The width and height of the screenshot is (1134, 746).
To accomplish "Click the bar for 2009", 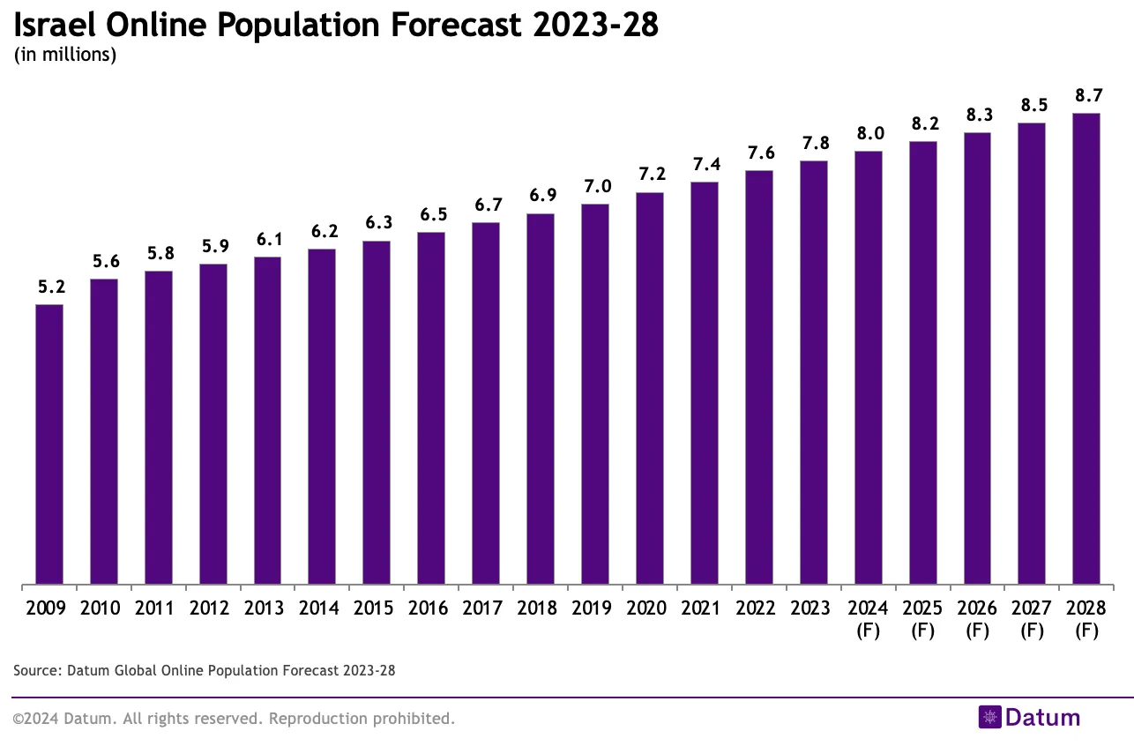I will coord(49,444).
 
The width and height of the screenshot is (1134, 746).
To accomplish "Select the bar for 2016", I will coord(431,408).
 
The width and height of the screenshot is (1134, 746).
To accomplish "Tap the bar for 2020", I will coord(650,388).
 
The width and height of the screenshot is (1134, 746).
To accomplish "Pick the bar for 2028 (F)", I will coord(1086,348).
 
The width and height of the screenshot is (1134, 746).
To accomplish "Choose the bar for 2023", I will coord(813,372).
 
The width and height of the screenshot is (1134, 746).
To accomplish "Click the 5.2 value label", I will coord(49,287).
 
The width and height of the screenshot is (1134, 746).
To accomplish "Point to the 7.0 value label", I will coord(595,186).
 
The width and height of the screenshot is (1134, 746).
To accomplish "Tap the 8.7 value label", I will coord(1086,95).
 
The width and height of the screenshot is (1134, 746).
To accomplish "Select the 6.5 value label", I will coord(431,214).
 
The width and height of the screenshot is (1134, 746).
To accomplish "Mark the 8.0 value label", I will coord(868,133).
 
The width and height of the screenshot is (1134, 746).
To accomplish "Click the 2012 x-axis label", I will coord(213,608).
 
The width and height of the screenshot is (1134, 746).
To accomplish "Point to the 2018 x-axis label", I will coord(541,608).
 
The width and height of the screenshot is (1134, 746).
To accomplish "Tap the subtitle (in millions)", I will coord(65,55).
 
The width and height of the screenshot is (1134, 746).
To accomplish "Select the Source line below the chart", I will coord(205,671).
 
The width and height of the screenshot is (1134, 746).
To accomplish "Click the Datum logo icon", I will coord(989,718).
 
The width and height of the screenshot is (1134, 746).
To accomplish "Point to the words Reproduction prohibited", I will coord(362,719).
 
